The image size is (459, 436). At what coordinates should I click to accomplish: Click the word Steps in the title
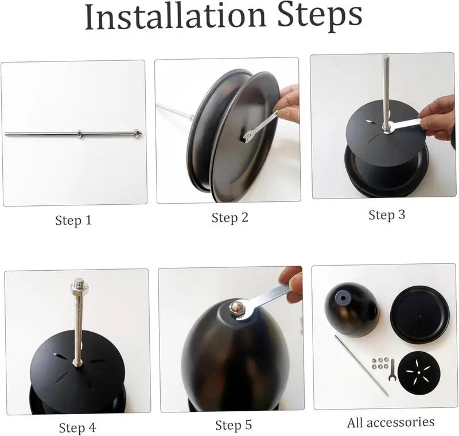(x=320, y=18)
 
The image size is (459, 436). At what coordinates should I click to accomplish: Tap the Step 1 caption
(x=73, y=220)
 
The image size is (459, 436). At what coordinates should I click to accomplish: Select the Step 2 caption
(x=230, y=217)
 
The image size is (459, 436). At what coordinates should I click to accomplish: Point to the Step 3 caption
(x=387, y=215)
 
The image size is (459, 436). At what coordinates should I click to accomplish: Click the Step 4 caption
(x=77, y=428)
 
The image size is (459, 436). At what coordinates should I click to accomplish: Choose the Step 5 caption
(x=234, y=425)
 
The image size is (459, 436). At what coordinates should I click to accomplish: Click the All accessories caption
(x=391, y=423)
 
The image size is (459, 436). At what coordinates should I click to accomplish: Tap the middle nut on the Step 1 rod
(x=80, y=134)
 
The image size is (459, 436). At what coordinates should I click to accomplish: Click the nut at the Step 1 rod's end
(x=137, y=133)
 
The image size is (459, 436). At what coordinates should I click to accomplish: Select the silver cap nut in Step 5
(x=236, y=307)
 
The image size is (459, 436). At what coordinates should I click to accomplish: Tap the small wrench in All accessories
(x=392, y=369)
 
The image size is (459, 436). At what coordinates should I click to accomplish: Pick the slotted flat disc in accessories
(x=419, y=372)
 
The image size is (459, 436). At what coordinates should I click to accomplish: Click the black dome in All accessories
(x=351, y=310)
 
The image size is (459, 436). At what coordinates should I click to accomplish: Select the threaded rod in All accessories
(x=361, y=366)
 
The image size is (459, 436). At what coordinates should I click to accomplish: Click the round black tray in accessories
(x=419, y=315)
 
